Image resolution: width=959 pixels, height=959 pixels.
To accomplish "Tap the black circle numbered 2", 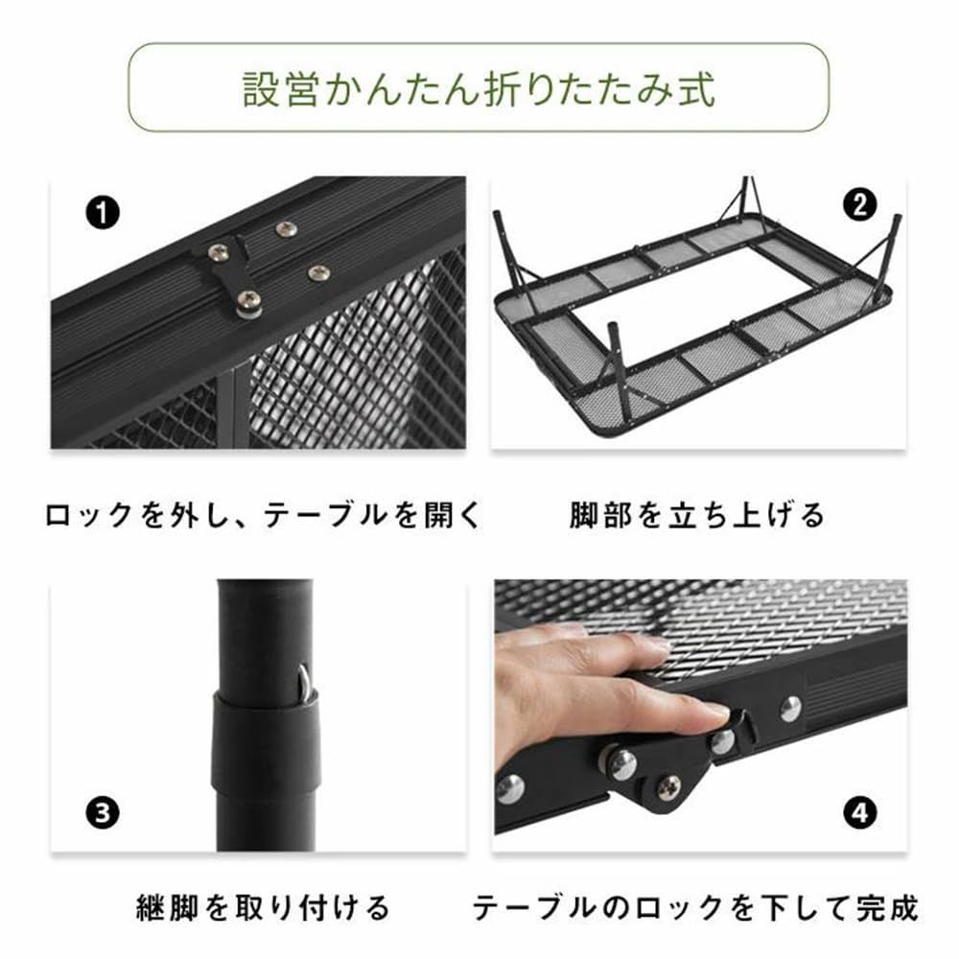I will (x=858, y=203).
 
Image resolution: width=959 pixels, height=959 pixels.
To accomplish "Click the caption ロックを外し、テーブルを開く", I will (x=261, y=516).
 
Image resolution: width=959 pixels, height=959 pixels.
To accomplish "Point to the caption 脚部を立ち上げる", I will (x=696, y=516).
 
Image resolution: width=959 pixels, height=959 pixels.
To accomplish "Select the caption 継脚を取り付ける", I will (x=262, y=906).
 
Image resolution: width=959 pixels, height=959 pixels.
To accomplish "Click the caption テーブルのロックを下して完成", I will (x=696, y=906).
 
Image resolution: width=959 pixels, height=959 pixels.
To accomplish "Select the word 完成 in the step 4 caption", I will (x=888, y=906).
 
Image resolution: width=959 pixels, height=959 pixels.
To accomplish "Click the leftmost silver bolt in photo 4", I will (x=509, y=788).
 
